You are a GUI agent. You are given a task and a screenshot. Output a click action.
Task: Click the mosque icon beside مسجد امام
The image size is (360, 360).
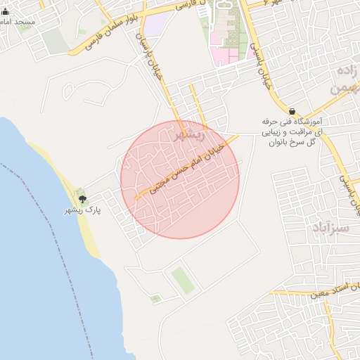(x=6, y=11)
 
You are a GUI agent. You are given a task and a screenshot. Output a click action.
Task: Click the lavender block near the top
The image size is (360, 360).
(x=156, y=25)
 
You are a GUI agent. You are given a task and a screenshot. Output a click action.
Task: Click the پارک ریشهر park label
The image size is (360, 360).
(x=84, y=210)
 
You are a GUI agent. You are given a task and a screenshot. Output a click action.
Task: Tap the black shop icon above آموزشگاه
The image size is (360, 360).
(x=292, y=110)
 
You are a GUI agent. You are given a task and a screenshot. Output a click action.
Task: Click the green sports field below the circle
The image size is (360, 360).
(x=183, y=279)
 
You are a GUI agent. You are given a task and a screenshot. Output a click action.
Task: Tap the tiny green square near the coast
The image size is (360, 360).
(x=155, y=299)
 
